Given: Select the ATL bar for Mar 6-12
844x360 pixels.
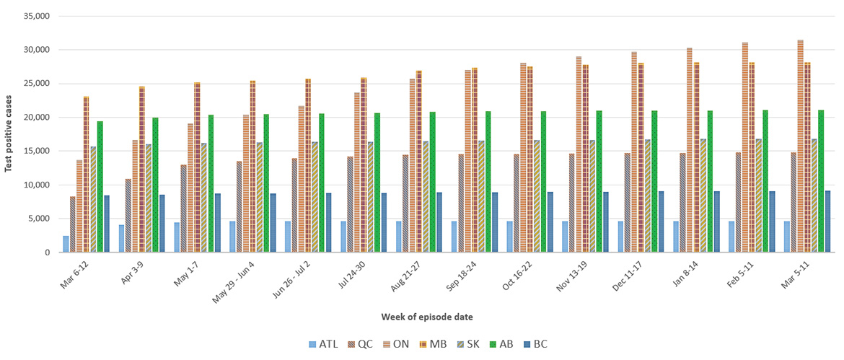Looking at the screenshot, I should coord(66,244).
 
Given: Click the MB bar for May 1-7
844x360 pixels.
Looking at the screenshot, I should coord(197,167).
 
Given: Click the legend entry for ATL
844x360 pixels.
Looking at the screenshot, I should coord(323,344).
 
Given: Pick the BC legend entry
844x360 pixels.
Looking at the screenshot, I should coord(533,344).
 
